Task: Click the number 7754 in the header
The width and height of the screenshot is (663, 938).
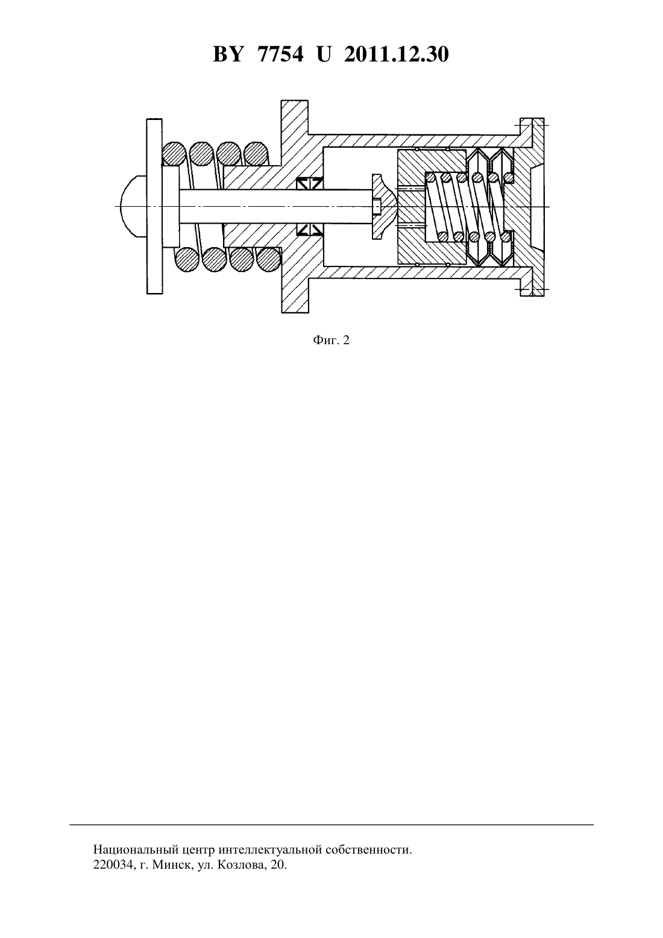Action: (280, 54)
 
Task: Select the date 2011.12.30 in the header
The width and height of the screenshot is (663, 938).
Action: (397, 54)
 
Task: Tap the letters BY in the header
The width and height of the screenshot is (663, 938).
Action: (228, 54)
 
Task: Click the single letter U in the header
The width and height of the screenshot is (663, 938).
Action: (324, 54)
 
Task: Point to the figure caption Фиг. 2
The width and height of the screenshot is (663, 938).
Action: (331, 341)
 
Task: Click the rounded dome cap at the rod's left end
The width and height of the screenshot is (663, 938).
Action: (133, 207)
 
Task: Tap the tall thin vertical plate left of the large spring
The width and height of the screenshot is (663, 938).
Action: (154, 206)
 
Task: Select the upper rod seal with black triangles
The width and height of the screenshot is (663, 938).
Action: (310, 183)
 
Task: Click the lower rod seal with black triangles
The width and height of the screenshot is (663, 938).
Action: (310, 229)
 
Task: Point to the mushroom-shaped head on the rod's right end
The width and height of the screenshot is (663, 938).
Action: (383, 207)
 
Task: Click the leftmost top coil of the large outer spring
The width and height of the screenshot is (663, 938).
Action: (174, 153)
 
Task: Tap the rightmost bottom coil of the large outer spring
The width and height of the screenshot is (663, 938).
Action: (268, 259)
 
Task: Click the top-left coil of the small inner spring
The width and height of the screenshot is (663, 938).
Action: (430, 178)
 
